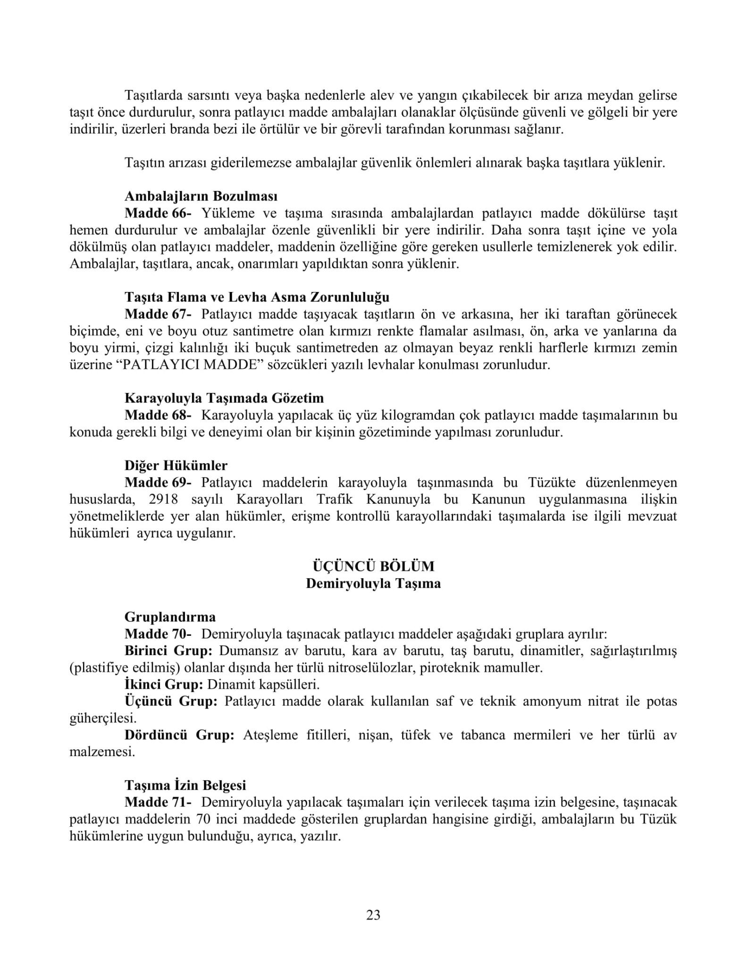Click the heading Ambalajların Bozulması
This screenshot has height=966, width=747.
(x=201, y=196)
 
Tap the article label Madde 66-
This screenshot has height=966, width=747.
(x=158, y=213)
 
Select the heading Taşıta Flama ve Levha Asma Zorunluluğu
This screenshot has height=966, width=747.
(x=257, y=297)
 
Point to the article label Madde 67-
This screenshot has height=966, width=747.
(x=158, y=314)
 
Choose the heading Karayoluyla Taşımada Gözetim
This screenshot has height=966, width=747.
(x=224, y=398)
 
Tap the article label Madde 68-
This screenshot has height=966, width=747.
(x=158, y=416)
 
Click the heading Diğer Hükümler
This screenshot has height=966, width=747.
(x=176, y=466)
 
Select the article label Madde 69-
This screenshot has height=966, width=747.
(x=158, y=483)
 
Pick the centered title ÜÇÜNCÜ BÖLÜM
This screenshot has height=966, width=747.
(x=373, y=566)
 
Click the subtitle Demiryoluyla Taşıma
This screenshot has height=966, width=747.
(x=373, y=583)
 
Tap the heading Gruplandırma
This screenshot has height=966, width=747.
(x=170, y=617)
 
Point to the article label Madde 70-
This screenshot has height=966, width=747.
(x=158, y=634)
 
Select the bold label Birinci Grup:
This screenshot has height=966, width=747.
(x=168, y=651)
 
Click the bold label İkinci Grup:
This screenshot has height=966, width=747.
(x=164, y=684)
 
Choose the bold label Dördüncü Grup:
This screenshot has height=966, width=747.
(x=179, y=735)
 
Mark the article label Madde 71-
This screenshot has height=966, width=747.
(x=158, y=802)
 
